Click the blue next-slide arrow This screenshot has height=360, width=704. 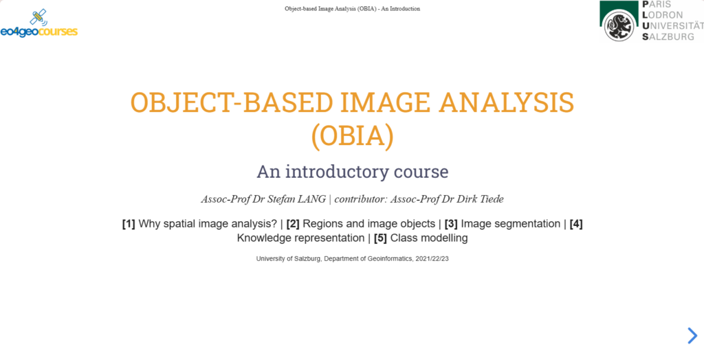[x=692, y=335]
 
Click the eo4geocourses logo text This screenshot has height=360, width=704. [x=39, y=32]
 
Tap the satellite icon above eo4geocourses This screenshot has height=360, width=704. [x=38, y=17]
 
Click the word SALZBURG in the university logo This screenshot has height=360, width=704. [x=668, y=37]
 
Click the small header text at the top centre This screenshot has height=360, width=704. [x=353, y=8]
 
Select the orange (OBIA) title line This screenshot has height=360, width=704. [x=352, y=137]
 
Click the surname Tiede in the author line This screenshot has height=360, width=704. [x=492, y=199]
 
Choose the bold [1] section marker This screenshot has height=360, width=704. [x=129, y=223]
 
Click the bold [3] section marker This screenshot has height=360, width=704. [x=451, y=223]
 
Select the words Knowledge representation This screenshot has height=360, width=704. [x=300, y=238]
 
